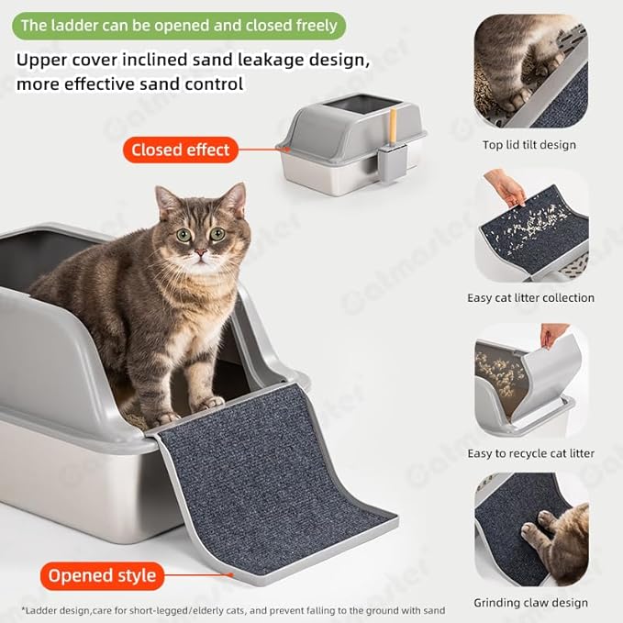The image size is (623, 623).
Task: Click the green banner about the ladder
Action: coord(178,26)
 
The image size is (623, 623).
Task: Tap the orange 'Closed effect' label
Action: coord(180,150)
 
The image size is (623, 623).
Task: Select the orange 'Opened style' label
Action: coord(102,576)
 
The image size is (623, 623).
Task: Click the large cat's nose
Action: coord(200,250)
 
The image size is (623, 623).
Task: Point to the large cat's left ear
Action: coord(167,200)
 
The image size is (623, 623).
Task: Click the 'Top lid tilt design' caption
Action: coord(529,145)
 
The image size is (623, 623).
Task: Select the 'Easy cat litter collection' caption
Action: coord(530,297)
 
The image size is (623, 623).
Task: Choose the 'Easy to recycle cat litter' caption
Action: coord(530,453)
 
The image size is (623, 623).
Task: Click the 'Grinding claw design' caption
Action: coord(530,603)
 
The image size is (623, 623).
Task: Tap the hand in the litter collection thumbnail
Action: coord(506,188)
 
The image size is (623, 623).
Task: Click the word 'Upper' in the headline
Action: coord(43,61)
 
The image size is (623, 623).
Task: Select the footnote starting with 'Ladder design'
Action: coord(233,610)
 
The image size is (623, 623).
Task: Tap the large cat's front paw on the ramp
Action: coord(208,402)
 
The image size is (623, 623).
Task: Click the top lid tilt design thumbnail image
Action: coord(530,72)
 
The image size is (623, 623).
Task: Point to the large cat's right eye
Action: coord(184,235)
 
